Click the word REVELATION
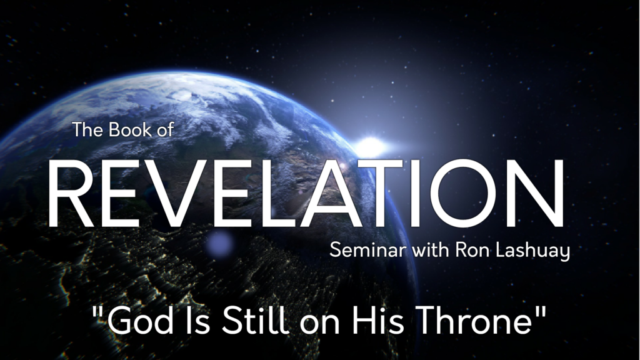[306, 192]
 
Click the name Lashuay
[532, 251]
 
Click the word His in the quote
[378, 321]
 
